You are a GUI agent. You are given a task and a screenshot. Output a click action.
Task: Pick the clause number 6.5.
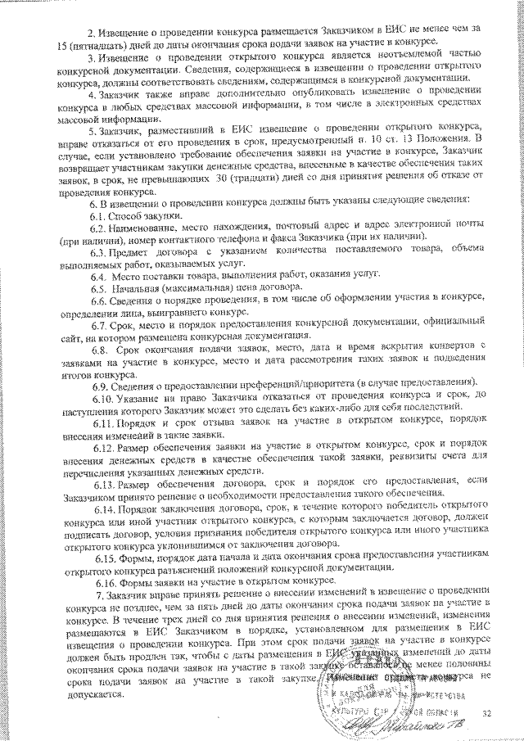(100, 287)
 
